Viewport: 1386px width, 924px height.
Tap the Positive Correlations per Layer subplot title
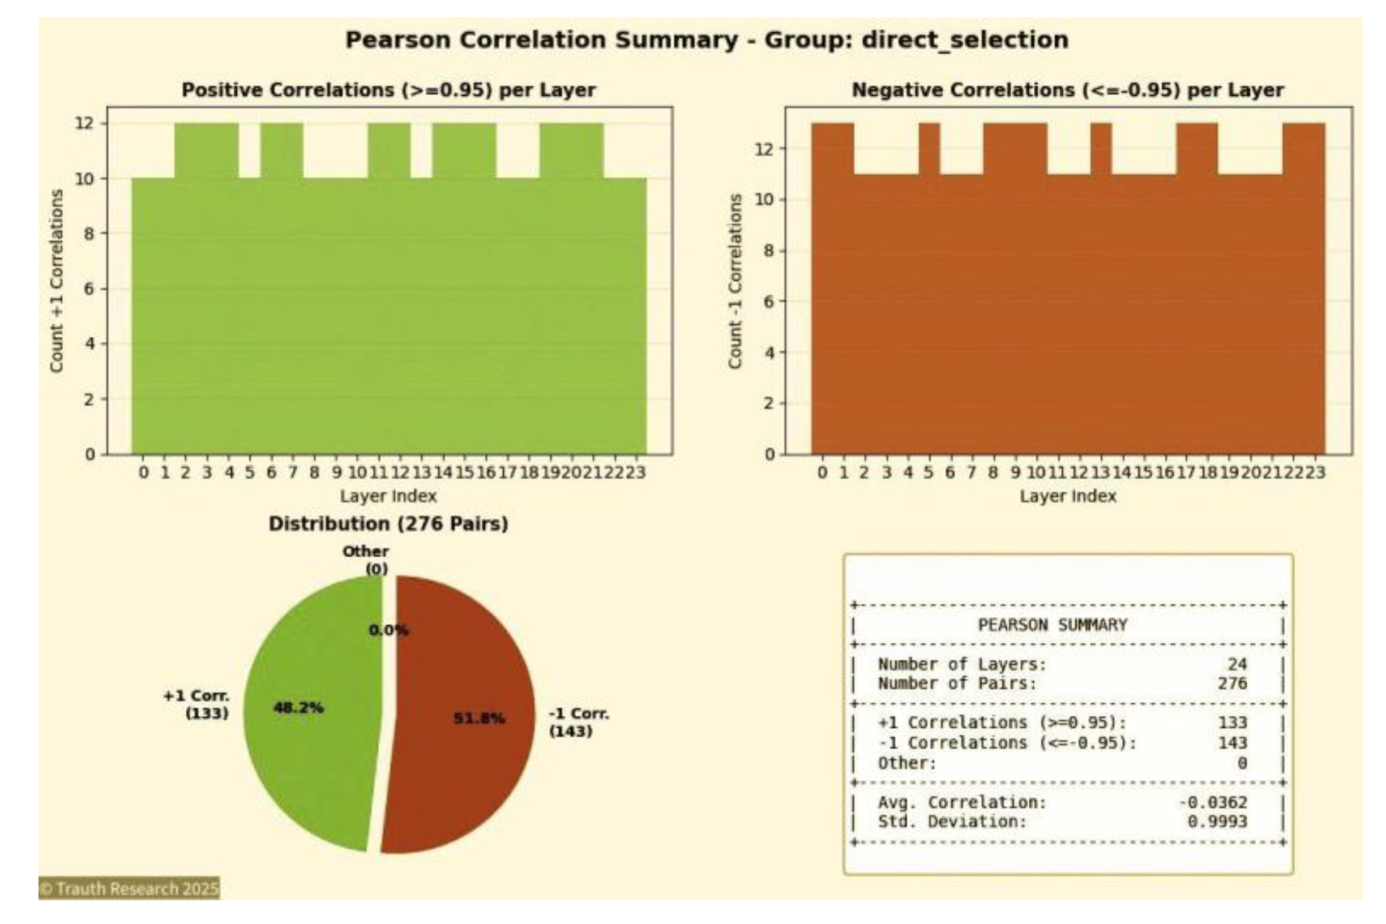coord(388,90)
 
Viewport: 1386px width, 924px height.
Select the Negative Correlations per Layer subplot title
coord(1067,90)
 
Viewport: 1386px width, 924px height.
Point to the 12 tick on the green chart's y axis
coord(85,123)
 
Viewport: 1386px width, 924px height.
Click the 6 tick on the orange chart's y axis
coord(768,301)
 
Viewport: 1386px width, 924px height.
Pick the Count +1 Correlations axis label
coord(57,281)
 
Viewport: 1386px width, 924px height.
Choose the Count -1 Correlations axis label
coord(734,282)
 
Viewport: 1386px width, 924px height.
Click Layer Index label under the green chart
coord(388,496)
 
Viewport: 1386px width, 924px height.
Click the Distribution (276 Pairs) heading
coord(388,524)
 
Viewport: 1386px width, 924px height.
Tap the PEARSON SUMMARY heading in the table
coord(1053,625)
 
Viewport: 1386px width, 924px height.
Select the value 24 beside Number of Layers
coord(1237,664)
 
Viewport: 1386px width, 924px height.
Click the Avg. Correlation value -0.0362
coord(1213,802)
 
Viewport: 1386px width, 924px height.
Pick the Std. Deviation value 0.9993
coord(1217,822)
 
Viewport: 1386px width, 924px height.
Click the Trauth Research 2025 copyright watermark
coord(129,888)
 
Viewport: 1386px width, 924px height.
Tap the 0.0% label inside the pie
coord(388,630)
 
